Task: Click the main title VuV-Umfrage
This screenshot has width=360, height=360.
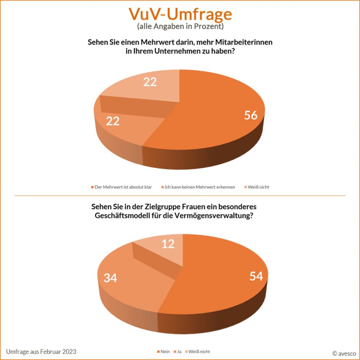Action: click(x=180, y=14)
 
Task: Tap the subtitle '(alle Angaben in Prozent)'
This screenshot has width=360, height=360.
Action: click(x=180, y=27)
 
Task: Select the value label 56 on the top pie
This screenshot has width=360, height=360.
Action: click(x=251, y=115)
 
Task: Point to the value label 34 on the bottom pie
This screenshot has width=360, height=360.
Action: click(x=110, y=278)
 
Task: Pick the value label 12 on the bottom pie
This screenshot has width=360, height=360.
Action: click(x=168, y=244)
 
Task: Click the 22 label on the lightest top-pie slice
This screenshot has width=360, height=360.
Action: click(x=150, y=82)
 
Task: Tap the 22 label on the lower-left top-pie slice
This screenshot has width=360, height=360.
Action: click(x=113, y=121)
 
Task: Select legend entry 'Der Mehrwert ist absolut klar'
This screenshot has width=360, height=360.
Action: click(x=123, y=187)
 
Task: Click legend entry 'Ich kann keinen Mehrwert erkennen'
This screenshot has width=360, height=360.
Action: click(x=200, y=187)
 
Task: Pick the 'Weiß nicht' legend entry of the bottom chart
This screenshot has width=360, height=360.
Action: click(x=199, y=351)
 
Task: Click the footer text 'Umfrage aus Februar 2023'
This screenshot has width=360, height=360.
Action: click(x=41, y=352)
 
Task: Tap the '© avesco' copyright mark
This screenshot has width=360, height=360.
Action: click(x=344, y=353)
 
